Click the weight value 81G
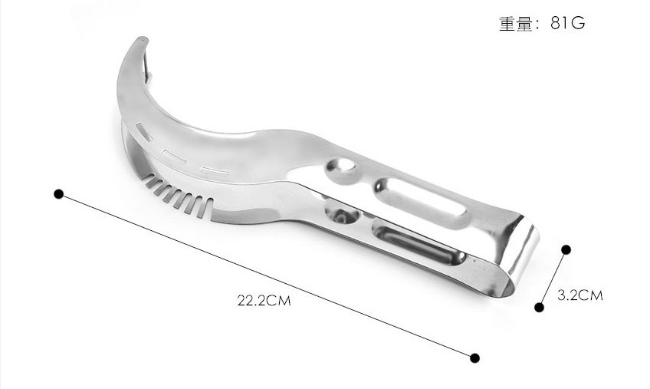click(567, 23)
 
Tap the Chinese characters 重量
click(516, 24)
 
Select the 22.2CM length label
click(264, 300)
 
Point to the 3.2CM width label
click(580, 295)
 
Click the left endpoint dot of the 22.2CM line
click(59, 194)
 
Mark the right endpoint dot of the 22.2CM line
click(475, 358)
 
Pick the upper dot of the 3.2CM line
click(566, 249)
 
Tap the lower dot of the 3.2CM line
click(540, 307)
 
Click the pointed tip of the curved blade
click(142, 38)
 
